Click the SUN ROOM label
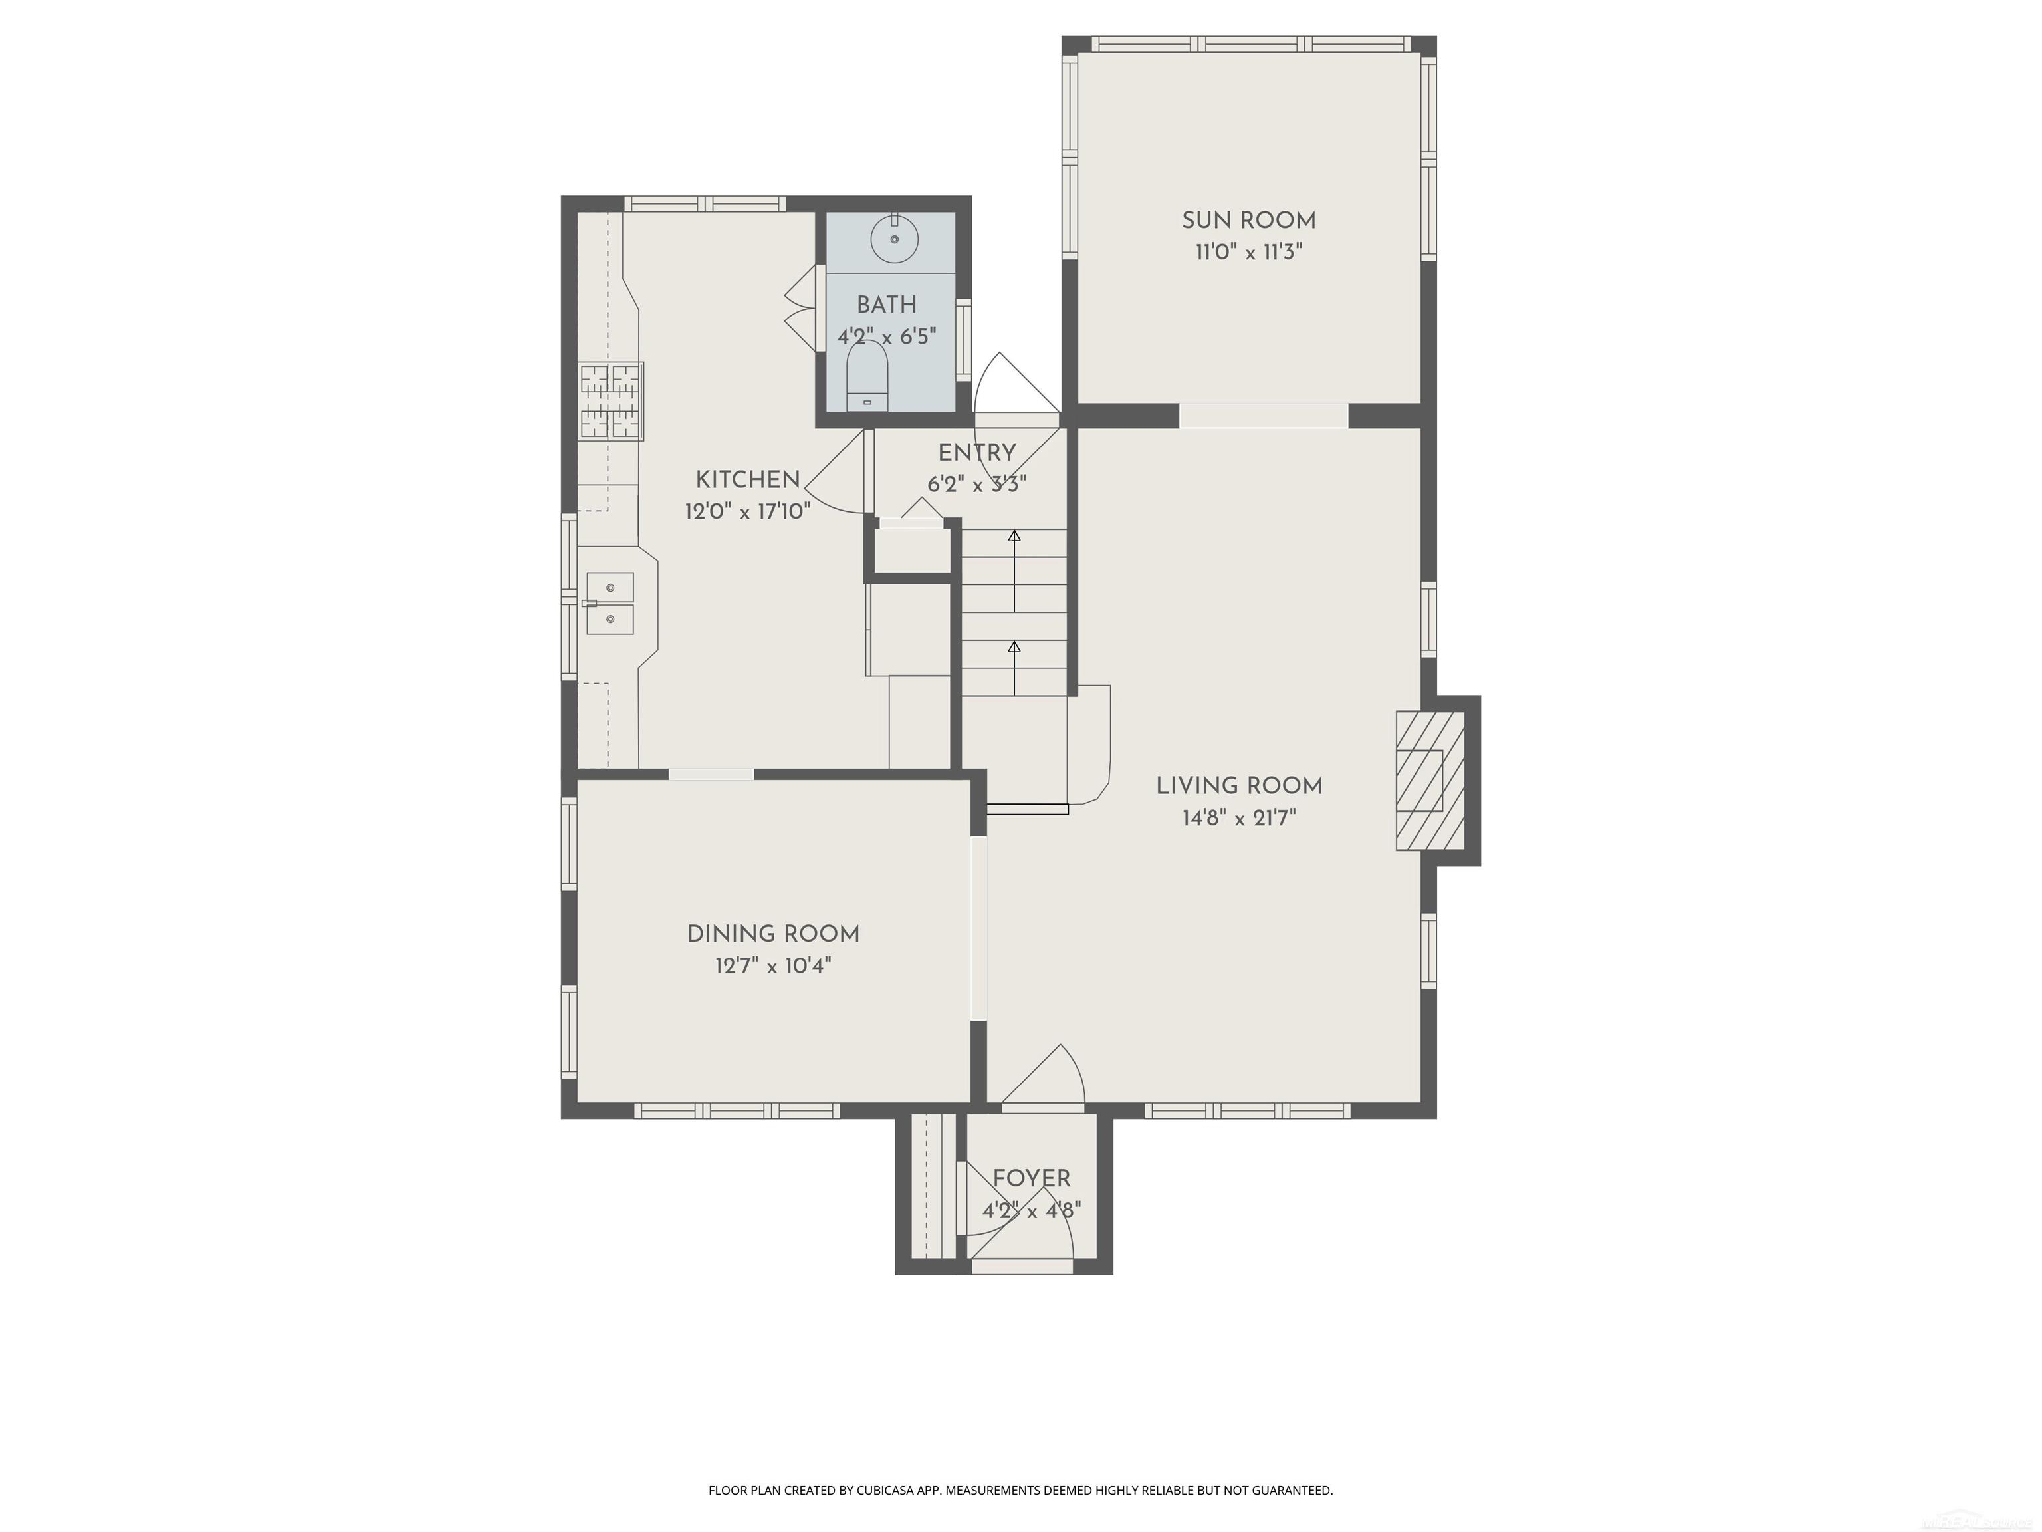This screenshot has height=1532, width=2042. pos(1248,221)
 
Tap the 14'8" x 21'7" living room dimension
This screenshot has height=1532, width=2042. pos(1239,817)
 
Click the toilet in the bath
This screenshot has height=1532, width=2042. pos(867,378)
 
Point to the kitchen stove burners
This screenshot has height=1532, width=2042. pos(610,401)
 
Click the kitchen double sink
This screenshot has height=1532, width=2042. pos(610,603)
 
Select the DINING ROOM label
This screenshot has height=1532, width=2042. pos(772,934)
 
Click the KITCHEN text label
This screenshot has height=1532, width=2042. pos(747,479)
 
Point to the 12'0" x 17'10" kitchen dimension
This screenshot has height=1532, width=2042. pos(747,511)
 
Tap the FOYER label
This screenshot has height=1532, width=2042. pos(1031,1178)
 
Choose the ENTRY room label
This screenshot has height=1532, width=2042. pos(976,453)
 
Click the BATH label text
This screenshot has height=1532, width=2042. pos(886,305)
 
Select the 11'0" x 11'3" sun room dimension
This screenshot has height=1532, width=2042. pos(1248,252)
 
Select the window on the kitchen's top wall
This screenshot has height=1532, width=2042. pos(705,204)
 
